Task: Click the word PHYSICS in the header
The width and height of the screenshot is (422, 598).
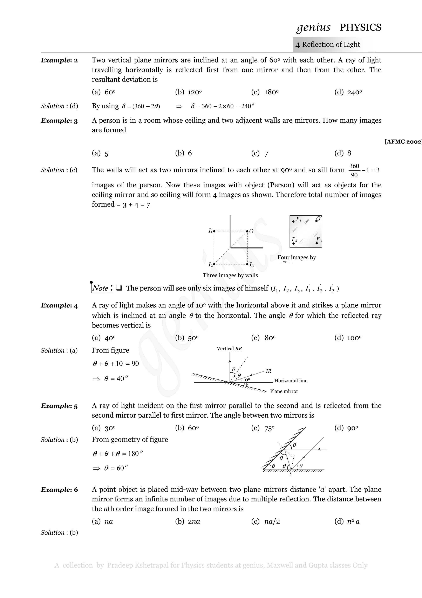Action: click(x=360, y=27)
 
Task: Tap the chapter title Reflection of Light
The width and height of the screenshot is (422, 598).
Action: click(x=331, y=45)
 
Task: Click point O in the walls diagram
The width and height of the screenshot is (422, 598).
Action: click(x=247, y=231)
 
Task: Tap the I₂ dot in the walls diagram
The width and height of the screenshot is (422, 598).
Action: click(x=214, y=264)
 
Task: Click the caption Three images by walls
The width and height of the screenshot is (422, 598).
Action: click(x=230, y=275)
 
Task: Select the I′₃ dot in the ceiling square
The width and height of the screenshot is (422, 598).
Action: click(x=316, y=243)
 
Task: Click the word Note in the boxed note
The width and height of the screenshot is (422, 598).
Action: click(x=100, y=288)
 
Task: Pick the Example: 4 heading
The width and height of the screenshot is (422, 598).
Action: click(x=59, y=306)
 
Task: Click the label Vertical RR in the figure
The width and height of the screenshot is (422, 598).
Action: click(x=229, y=349)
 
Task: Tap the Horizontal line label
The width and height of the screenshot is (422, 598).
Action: click(x=291, y=381)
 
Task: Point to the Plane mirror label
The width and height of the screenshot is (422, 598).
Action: click(x=284, y=391)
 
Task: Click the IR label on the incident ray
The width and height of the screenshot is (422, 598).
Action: click(x=268, y=371)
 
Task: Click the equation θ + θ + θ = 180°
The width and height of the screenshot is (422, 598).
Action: click(x=117, y=454)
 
